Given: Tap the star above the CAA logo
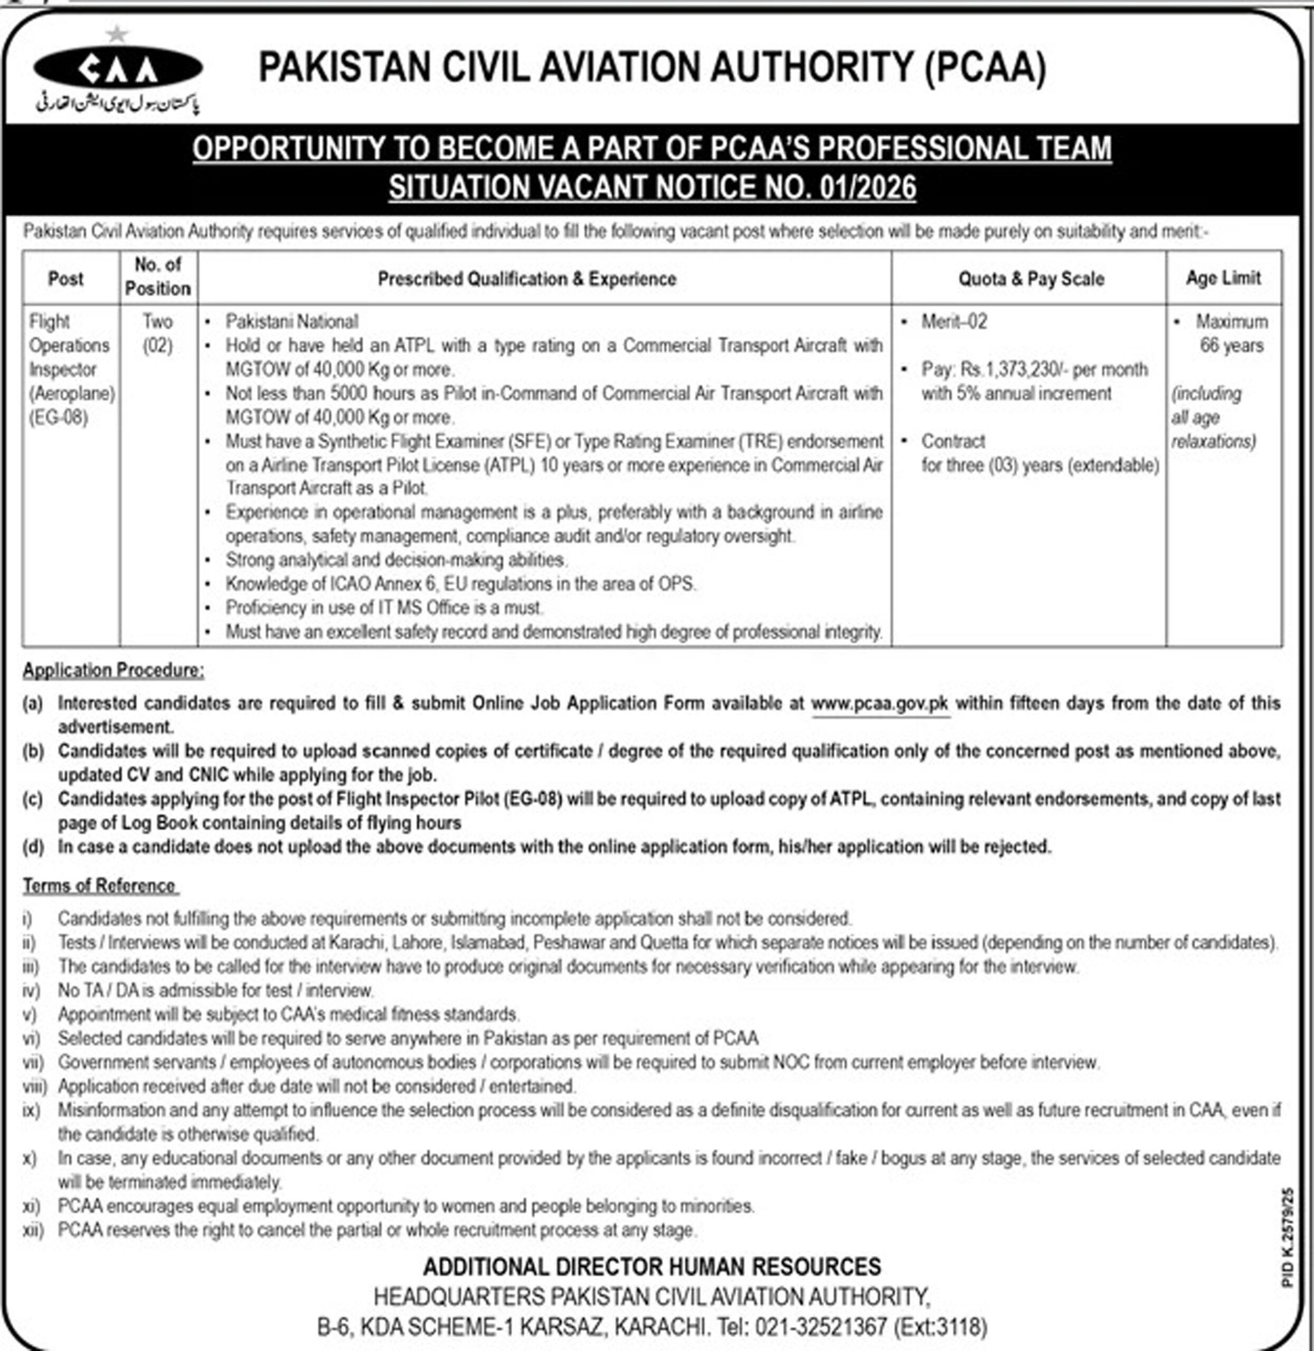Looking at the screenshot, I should tap(117, 32).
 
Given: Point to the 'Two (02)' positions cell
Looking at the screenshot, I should tap(157, 334).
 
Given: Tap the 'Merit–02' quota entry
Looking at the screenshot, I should tap(954, 321).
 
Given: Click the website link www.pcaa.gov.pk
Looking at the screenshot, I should tap(880, 704).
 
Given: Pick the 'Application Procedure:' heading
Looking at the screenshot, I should tap(113, 670).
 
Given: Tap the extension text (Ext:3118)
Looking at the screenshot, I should tap(940, 1326).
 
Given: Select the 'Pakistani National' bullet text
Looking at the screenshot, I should tap(292, 321).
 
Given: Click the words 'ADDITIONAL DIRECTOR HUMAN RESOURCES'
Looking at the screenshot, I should tap(651, 1267).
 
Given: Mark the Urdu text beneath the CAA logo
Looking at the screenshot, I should tap(117, 103).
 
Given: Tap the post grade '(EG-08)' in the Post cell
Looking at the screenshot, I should tap(59, 417).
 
